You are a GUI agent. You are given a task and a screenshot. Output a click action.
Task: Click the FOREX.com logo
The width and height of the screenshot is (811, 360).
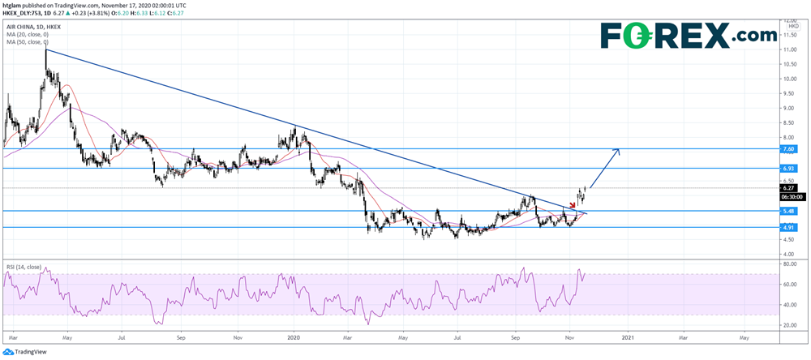click(688, 36)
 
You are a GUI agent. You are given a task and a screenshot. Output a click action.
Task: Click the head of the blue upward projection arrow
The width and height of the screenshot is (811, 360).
click(620, 151)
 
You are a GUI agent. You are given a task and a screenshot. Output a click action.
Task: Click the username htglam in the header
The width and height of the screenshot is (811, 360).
click(15, 5)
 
